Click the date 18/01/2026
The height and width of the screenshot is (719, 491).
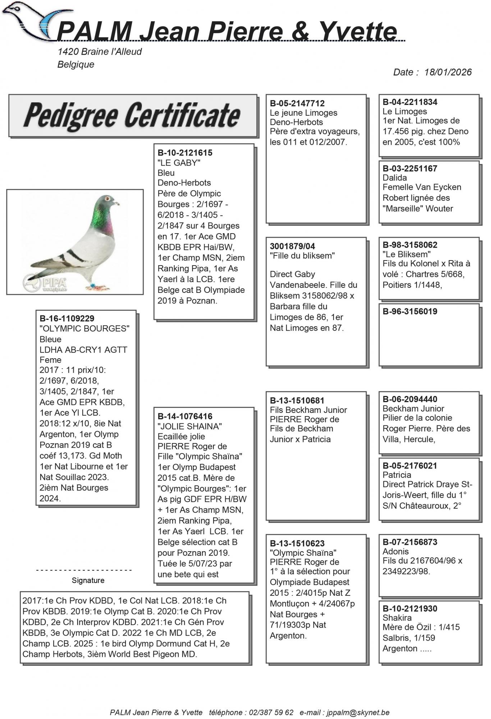[x=448, y=72]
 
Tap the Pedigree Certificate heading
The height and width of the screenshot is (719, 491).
[x=132, y=116]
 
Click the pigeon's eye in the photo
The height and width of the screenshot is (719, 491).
[x=106, y=198]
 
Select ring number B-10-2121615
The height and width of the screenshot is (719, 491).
[x=185, y=153]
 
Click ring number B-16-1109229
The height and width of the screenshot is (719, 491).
[x=67, y=318]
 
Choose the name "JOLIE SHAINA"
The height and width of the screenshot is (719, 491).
[x=189, y=427]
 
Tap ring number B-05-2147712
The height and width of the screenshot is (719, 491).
[x=297, y=103]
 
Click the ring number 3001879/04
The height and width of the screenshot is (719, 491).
[x=292, y=246]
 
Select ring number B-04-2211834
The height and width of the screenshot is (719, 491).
[x=410, y=102]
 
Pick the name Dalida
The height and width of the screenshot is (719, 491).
[x=395, y=178]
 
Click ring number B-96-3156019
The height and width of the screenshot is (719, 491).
[x=410, y=312]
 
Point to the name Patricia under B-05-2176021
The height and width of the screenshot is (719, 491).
[x=396, y=475]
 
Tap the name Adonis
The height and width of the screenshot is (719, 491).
[x=395, y=552]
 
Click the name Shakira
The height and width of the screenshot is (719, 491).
[x=397, y=618]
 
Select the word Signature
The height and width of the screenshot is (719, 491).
[x=88, y=580]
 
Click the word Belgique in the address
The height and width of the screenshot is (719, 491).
[x=76, y=65]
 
